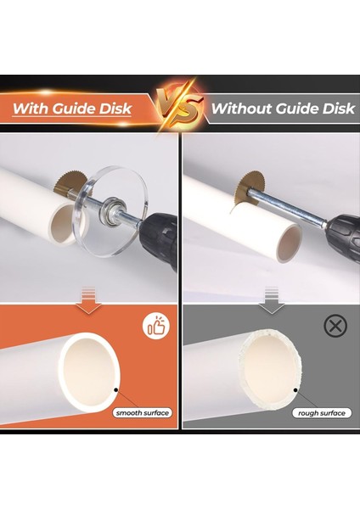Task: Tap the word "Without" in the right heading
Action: coord(237,109)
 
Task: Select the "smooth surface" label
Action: coord(143,413)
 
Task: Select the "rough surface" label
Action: coord(321,413)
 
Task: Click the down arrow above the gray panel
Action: coord(270,295)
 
